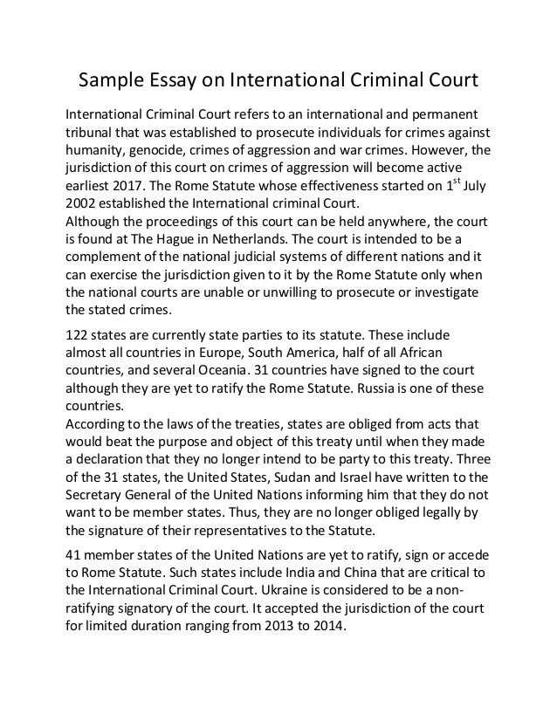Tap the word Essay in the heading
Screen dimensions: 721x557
[182, 83]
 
